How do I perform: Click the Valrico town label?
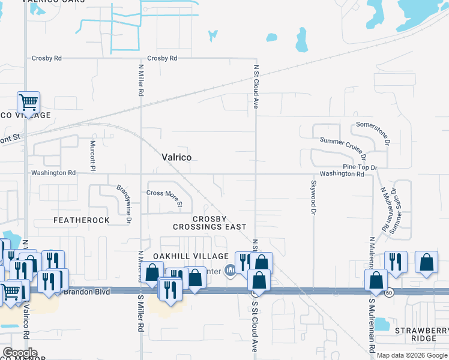(x=176, y=157)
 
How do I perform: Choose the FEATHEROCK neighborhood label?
(x=82, y=220)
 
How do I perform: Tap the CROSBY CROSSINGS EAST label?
(x=209, y=223)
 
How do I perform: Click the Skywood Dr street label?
(x=313, y=197)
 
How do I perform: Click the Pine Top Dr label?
(x=360, y=166)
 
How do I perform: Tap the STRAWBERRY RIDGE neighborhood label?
(x=421, y=335)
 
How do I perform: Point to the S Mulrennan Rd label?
(x=372, y=325)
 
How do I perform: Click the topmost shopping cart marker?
(x=28, y=103)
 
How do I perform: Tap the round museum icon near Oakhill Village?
(x=229, y=270)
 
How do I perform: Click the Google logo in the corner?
(x=20, y=353)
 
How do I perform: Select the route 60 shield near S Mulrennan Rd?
(x=390, y=292)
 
